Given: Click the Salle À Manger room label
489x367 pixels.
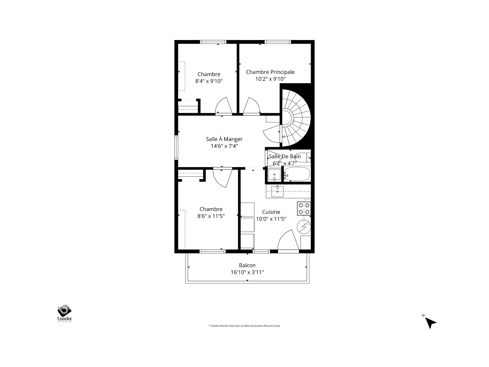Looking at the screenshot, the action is pos(224,139).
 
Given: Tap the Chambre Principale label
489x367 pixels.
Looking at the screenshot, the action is pos(270,72).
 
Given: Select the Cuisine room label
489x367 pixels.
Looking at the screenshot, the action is pos(271,212).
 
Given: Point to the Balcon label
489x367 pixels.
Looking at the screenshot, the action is pos(247,265).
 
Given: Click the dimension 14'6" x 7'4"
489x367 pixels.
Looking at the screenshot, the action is pos(224,146).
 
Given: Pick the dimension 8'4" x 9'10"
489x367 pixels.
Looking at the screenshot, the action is pos(209,81).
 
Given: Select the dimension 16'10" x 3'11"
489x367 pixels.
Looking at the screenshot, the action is pos(247,272).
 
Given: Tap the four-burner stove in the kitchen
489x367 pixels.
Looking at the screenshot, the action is pos(304,208).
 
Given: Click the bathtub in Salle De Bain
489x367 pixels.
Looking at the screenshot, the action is pos(297,174).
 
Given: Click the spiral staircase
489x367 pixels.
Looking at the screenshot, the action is pos(295,118).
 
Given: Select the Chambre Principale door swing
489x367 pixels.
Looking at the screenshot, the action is pos(251,106).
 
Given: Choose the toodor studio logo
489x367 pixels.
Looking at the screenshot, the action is pos(65,313).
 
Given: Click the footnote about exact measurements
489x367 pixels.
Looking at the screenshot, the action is pos(244,326).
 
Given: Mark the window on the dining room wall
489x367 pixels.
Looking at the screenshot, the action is pos(176,148).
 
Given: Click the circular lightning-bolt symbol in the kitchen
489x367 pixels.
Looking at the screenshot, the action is pos(304,227).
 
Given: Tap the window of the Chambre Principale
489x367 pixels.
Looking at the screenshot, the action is pos(278,42).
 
